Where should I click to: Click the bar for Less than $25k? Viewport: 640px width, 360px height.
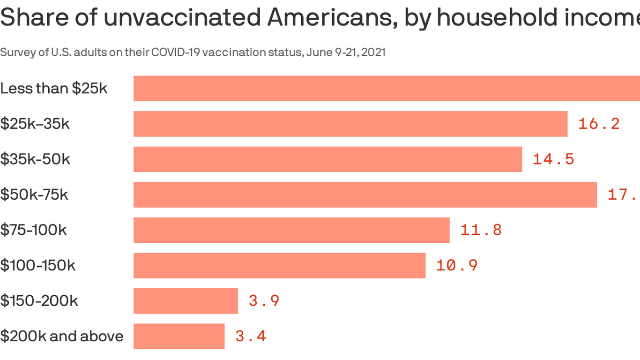(387, 89)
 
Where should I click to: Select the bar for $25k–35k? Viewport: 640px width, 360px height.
(350, 124)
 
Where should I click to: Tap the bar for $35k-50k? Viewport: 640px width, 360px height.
(327, 159)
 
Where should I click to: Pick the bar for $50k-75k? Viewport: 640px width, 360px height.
(365, 195)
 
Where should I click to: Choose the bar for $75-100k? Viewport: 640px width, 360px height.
(291, 230)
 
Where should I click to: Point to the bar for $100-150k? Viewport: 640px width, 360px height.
(279, 265)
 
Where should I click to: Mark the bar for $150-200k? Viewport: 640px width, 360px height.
(186, 301)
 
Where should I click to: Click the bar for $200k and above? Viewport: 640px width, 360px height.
(179, 336)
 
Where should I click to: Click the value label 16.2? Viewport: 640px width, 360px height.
(599, 124)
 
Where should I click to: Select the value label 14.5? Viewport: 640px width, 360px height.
(553, 159)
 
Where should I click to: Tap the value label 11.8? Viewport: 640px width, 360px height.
(481, 230)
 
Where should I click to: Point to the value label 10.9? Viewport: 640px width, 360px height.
(457, 265)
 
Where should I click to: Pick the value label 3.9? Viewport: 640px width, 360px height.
(264, 301)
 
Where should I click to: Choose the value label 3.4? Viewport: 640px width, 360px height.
(251, 336)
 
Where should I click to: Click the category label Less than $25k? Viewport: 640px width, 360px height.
(54, 88)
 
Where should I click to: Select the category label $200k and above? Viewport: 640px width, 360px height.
(62, 336)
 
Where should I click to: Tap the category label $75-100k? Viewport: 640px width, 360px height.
(33, 230)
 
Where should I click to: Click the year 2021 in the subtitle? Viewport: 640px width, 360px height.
(373, 52)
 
